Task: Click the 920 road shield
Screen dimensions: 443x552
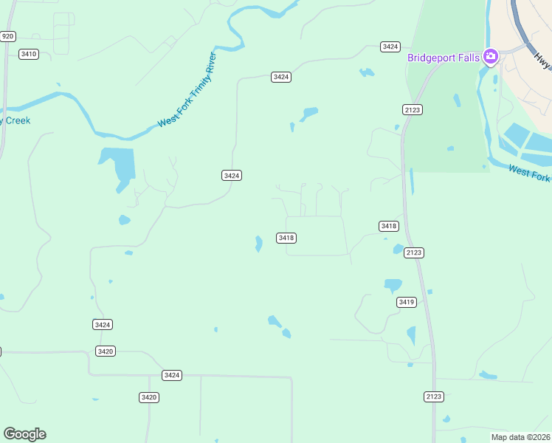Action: [8, 36]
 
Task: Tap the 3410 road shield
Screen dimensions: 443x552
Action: [29, 54]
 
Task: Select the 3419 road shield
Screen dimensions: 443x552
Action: [407, 302]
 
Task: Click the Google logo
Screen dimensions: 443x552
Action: [24, 434]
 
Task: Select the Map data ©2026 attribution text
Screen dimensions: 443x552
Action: [520, 436]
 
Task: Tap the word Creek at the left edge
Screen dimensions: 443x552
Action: [16, 120]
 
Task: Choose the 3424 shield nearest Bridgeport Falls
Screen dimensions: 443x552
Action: [390, 47]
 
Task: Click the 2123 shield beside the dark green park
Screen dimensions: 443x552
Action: [413, 109]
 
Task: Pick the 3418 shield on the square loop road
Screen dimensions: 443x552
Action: [286, 238]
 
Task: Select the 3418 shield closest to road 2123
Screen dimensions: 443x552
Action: [389, 226]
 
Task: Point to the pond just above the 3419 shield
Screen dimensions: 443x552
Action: [393, 285]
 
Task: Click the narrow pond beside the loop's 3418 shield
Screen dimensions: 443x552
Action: [258, 244]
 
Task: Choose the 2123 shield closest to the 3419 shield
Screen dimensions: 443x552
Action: [414, 253]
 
